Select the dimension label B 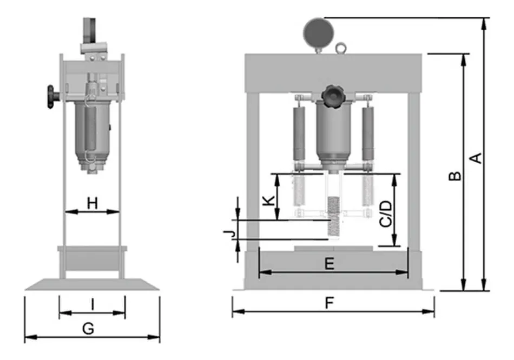456,176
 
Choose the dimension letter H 93,203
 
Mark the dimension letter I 93,305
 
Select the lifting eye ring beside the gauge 341,49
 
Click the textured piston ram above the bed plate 332,218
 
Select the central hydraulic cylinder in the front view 332,132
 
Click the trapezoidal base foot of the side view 92,284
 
